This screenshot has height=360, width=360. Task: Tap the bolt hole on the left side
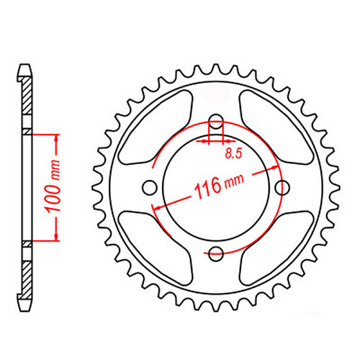(150, 188)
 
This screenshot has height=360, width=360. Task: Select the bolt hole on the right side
(282, 188)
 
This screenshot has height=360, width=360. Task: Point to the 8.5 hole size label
(232, 153)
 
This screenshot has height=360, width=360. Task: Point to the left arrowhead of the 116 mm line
(155, 206)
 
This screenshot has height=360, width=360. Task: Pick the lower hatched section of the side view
(27, 273)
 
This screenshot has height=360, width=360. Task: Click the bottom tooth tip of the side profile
(27, 307)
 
